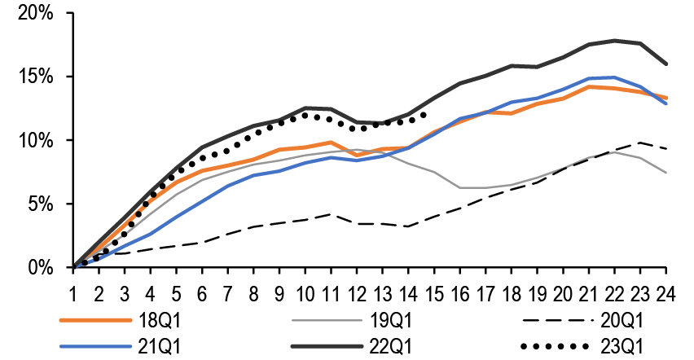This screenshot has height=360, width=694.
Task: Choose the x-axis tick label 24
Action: (x=665, y=291)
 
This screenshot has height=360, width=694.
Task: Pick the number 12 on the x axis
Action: (x=356, y=291)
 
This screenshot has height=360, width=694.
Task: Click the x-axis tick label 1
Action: (x=73, y=291)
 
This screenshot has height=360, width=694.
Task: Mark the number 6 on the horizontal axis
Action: (x=202, y=291)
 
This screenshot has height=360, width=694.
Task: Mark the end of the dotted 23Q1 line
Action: (x=424, y=115)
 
